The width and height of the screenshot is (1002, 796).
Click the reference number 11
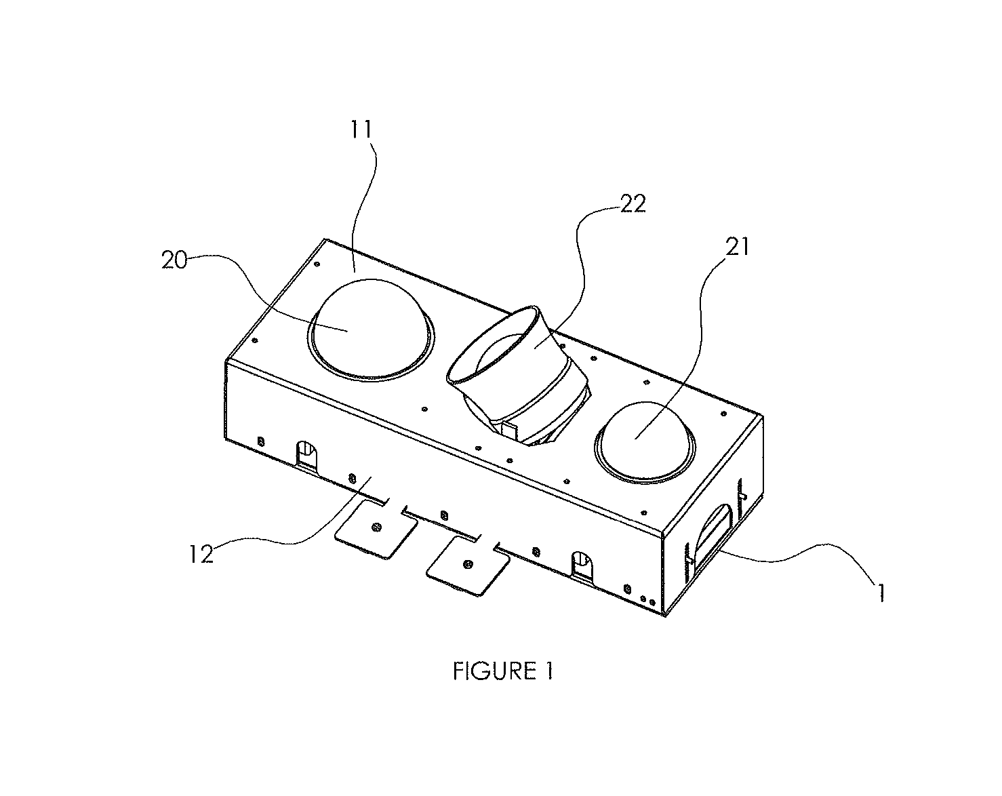point(361,130)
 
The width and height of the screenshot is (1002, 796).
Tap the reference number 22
point(633,203)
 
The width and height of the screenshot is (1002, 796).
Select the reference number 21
point(737,247)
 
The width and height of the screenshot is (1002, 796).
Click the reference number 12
point(201,554)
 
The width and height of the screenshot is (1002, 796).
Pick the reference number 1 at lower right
point(880,593)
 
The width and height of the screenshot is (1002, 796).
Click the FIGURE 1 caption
point(503,671)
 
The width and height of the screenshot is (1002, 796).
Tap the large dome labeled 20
point(371,329)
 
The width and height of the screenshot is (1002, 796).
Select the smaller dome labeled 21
point(645,440)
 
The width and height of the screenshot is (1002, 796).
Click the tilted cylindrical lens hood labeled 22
point(517,373)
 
